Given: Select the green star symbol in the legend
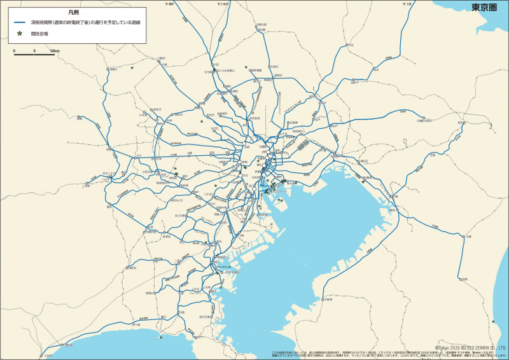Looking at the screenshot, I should pyautogui.click(x=20, y=33).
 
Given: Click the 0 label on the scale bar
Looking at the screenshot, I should pyautogui.click(x=14, y=50).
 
